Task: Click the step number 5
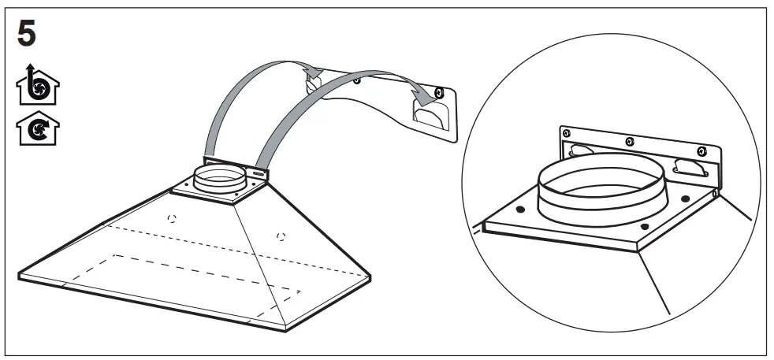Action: point(26,34)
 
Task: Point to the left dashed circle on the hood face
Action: point(173,217)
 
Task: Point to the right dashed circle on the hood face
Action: point(281,234)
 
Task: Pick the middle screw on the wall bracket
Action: point(359,80)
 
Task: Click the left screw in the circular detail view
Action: point(565,135)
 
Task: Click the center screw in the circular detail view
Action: point(627,142)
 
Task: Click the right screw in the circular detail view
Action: point(701,151)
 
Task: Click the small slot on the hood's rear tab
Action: point(259,170)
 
